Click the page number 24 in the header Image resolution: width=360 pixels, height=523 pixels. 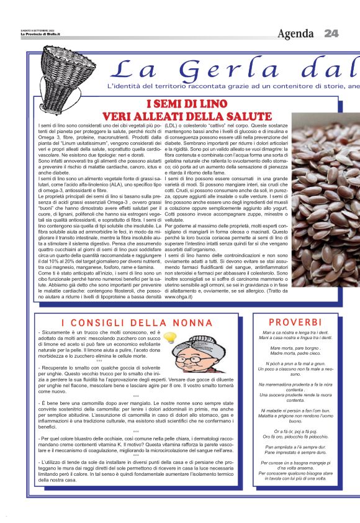(331, 33)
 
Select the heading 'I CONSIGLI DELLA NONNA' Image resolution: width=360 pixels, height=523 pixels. (137, 323)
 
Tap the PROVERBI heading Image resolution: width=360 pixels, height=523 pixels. (295, 322)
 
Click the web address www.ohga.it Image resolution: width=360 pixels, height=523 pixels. (178, 297)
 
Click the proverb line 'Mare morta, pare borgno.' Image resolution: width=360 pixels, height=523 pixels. (295, 348)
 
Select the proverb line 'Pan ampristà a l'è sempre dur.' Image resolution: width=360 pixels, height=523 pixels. (295, 446)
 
